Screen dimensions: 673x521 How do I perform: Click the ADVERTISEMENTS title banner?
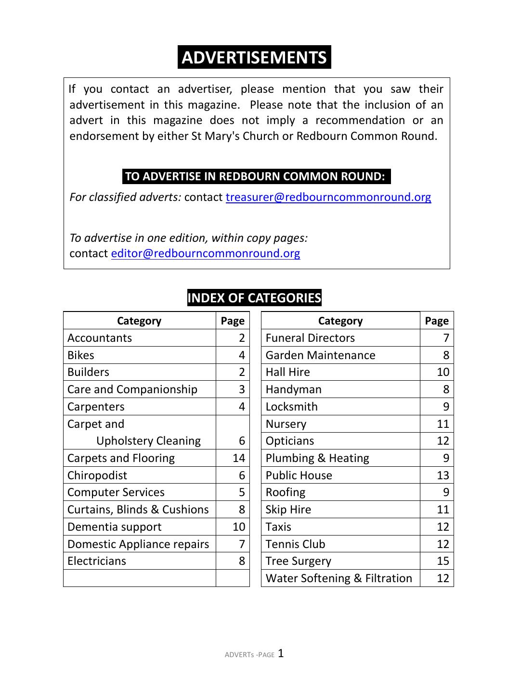point(254,57)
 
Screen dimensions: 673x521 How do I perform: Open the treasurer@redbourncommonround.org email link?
point(328,197)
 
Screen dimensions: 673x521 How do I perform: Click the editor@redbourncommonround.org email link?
point(205,253)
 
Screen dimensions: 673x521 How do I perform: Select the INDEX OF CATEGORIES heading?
point(254,298)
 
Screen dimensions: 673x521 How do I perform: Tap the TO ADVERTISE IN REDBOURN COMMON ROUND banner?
point(256,176)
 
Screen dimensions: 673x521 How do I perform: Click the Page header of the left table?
point(233,321)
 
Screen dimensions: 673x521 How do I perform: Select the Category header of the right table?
point(340,321)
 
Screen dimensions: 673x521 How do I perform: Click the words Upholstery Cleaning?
point(148,441)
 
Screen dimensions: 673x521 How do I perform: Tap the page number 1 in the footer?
point(281,653)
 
